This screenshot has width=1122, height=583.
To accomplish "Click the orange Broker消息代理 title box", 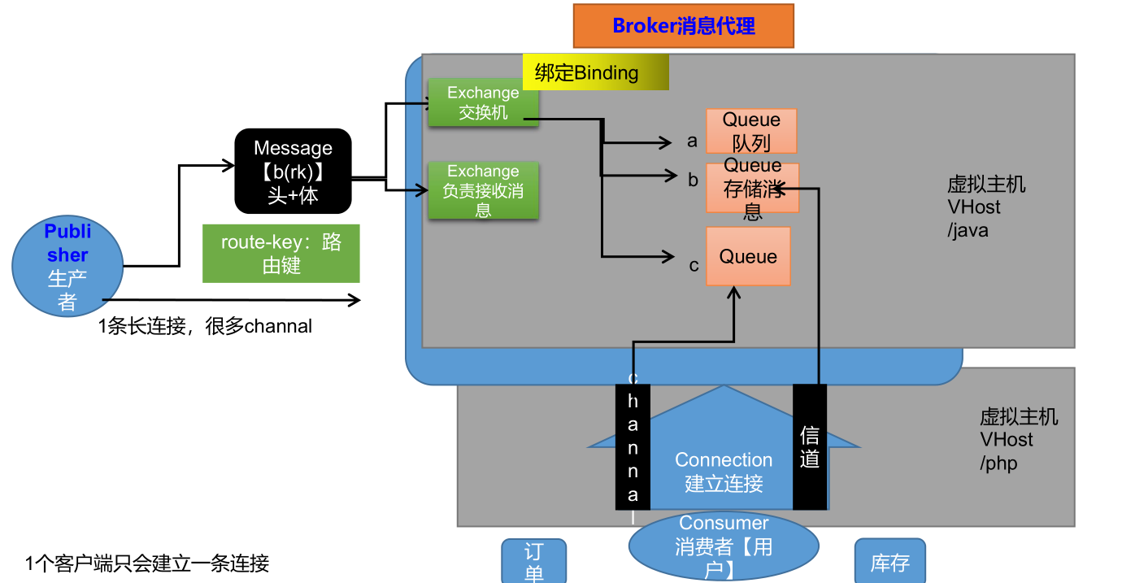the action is (x=684, y=26).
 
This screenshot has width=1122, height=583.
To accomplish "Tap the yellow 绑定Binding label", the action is (x=596, y=72).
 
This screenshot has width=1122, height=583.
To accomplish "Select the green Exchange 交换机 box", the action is (x=484, y=102).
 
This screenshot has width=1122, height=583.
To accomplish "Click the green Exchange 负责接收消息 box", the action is (x=484, y=190).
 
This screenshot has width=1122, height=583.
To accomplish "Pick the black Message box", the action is (x=293, y=172).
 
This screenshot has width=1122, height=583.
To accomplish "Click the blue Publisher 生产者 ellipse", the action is (x=67, y=266).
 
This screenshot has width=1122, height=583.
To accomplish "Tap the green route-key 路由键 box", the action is (x=281, y=254).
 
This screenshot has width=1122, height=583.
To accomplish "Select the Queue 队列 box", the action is (x=751, y=131).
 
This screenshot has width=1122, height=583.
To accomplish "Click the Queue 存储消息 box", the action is (x=752, y=188).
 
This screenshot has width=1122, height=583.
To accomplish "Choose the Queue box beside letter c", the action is (x=748, y=256).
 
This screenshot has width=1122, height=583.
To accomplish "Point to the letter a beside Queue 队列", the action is (x=692, y=141).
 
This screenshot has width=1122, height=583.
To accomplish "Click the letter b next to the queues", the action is (x=693, y=180).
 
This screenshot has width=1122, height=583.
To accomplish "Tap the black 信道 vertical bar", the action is (x=810, y=447).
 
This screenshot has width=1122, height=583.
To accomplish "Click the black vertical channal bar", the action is (x=633, y=447).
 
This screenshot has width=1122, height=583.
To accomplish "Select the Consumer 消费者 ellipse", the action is (x=724, y=546).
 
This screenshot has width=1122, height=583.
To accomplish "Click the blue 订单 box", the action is (x=534, y=561).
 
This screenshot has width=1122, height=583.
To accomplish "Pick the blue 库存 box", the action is (x=890, y=561).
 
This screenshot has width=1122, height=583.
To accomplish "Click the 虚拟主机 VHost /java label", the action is (x=985, y=207).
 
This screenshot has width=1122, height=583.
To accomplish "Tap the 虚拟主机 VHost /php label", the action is (x=1019, y=440).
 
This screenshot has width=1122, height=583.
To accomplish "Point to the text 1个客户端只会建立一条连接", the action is (x=147, y=563).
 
